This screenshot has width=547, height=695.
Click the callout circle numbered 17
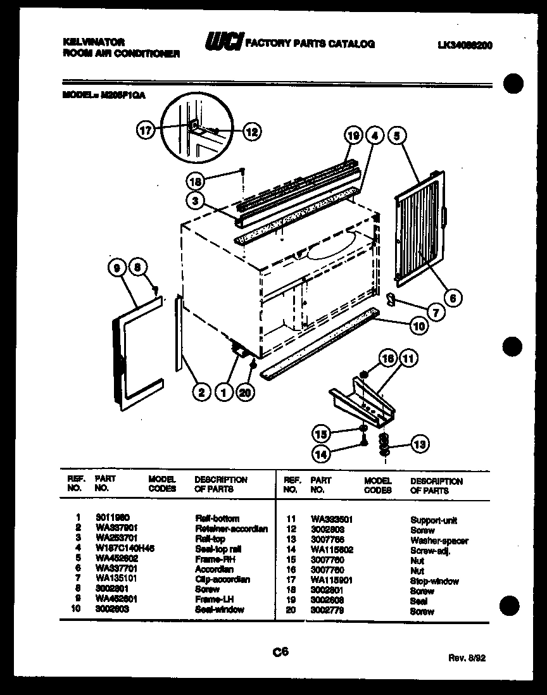point(146,132)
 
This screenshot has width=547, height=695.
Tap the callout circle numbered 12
point(251,132)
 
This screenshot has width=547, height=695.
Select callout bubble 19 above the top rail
point(353,135)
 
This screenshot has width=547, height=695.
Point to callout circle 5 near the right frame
point(396,135)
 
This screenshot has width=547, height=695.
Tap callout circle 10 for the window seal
point(418,327)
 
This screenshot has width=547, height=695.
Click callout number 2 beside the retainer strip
point(201,393)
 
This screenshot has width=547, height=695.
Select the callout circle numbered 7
point(435,312)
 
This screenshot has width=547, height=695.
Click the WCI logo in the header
point(222,44)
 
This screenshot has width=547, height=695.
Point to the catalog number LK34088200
point(465,46)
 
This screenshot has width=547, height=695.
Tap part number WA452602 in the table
point(117,558)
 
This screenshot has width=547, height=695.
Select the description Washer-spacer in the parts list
point(439,541)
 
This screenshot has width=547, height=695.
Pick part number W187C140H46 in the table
point(125,548)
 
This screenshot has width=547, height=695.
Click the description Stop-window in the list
point(435,581)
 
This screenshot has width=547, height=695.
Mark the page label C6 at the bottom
point(281,651)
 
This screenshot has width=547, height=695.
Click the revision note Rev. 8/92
point(467,658)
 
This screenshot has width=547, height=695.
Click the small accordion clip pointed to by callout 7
point(391,298)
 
